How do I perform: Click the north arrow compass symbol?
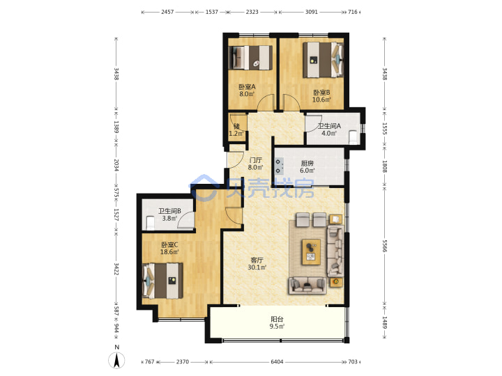pos(116,360)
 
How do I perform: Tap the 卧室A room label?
pos(247,86)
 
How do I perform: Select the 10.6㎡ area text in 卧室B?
pos(321,100)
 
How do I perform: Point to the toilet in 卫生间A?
pos(353,137)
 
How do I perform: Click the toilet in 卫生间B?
pos(150,224)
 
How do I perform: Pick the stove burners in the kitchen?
pos(278,166)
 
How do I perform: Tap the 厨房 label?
pos(307,163)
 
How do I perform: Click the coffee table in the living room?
pos(311,252)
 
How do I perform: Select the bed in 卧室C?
pos(162,281)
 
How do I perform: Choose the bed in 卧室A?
pos(251,58)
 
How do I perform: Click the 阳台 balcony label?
pos(277,319)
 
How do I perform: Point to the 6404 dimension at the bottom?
pos(277,361)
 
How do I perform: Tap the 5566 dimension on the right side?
pos(384,246)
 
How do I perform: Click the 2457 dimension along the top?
pos(167,12)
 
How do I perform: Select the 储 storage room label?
pos(236,126)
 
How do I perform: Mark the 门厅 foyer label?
pos(255,160)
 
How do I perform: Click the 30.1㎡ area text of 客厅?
pos(257,267)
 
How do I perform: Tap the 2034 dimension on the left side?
pos(116,165)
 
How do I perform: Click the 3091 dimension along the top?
pos(311,12)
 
